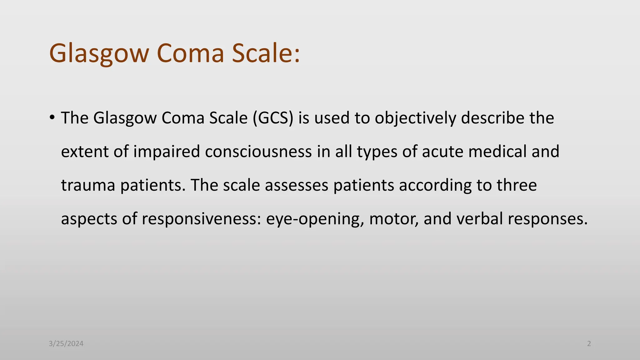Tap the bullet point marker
click(x=52, y=117)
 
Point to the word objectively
click(x=415, y=118)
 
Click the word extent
click(x=84, y=152)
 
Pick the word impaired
click(x=167, y=152)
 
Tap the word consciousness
click(x=258, y=152)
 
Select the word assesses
click(x=297, y=185)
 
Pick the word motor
click(x=394, y=219)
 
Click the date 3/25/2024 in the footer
click(x=66, y=344)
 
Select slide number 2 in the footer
click(x=589, y=344)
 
